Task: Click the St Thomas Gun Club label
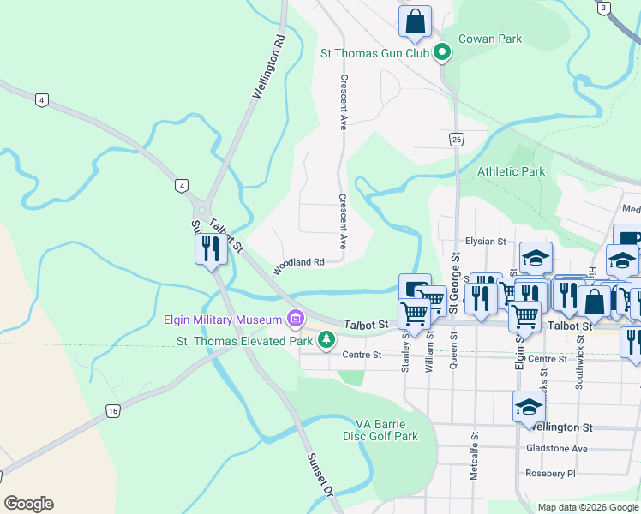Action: (x=374, y=53)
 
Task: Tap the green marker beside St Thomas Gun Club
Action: (x=442, y=53)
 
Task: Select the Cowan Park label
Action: (x=490, y=39)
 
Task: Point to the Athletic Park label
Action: (x=512, y=171)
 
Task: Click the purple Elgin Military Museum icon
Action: (x=296, y=320)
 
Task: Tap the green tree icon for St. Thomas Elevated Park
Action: (x=326, y=340)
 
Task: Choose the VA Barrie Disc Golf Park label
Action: (x=386, y=430)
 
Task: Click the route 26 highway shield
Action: (x=456, y=140)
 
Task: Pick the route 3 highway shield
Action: (x=604, y=8)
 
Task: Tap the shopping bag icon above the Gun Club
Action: (x=415, y=21)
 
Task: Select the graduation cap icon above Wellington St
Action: (x=530, y=406)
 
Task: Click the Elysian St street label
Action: (x=486, y=242)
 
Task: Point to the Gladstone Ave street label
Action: (x=558, y=449)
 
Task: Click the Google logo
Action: (x=28, y=504)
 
